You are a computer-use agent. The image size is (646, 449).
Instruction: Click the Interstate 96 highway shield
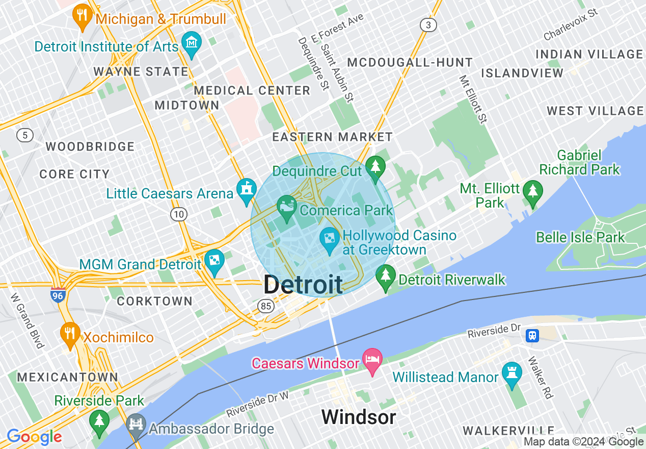[58, 295]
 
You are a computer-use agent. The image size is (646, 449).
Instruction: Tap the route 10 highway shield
[178, 214]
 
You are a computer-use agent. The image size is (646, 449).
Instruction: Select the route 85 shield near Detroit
[265, 306]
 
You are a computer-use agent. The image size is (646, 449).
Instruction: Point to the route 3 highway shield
[428, 24]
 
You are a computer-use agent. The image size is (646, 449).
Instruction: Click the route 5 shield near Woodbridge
[24, 135]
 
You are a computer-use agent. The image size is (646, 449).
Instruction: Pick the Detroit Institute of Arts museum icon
[192, 43]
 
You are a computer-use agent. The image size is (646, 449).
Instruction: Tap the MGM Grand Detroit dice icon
[214, 261]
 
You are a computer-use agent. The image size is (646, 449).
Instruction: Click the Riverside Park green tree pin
[99, 421]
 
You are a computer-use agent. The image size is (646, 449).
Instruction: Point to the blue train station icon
[532, 335]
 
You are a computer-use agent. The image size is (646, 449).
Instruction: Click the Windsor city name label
[359, 417]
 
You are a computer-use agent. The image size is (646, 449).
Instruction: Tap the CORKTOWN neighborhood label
[155, 301]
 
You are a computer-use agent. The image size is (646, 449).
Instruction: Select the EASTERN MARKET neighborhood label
[332, 137]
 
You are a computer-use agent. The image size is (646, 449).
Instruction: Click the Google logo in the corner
[35, 437]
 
